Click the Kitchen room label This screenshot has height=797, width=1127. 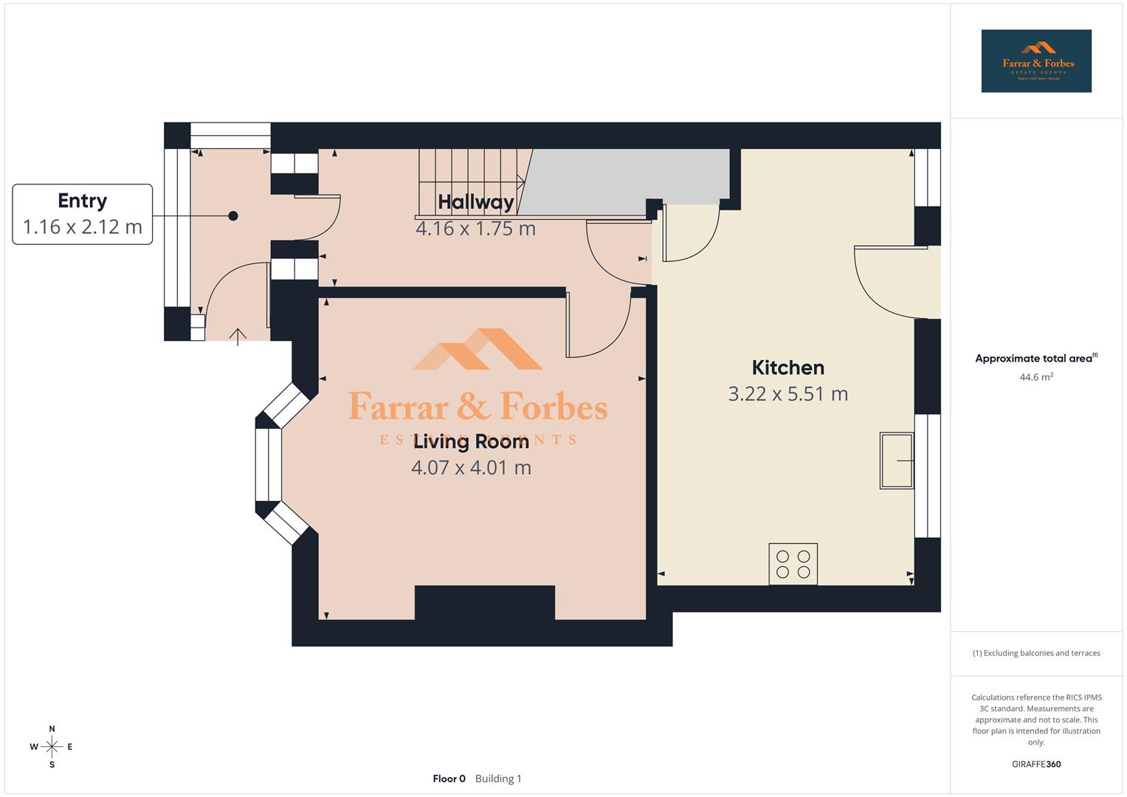[x=787, y=368]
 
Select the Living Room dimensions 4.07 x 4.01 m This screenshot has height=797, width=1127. [x=471, y=468]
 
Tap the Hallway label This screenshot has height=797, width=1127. [x=475, y=201]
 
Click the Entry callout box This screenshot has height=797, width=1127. [x=83, y=214]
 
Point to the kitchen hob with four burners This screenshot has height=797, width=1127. [x=793, y=564]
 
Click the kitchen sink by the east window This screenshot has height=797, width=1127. [x=896, y=460]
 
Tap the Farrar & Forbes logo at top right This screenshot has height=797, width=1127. [x=1035, y=61]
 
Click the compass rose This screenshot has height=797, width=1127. [x=52, y=747]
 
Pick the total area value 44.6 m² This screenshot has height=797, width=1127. [x=1035, y=377]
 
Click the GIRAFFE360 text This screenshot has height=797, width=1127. [x=1035, y=765]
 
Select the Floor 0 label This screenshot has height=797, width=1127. [x=449, y=779]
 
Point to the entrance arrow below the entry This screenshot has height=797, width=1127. [x=238, y=337]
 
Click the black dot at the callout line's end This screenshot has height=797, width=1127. [x=233, y=216]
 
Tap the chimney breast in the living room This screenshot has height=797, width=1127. [x=484, y=602]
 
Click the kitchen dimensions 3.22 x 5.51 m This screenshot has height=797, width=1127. [x=787, y=394]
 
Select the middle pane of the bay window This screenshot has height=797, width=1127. [x=269, y=464]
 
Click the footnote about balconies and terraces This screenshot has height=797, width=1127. [x=1035, y=653]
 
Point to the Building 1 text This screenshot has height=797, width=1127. [x=498, y=779]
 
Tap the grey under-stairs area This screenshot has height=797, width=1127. [x=627, y=177]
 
